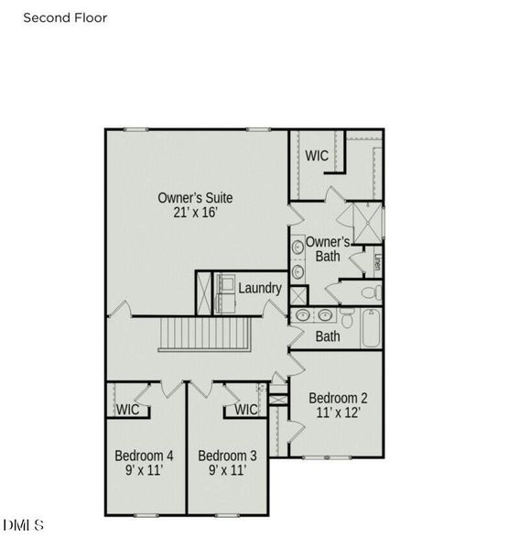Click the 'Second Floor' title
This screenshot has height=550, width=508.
point(65,17)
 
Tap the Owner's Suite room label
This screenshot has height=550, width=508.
point(195,197)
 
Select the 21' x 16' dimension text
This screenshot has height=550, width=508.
point(195,213)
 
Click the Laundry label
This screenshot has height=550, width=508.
point(260,288)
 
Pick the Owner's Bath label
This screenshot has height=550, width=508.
point(327,248)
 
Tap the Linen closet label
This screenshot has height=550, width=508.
point(376,262)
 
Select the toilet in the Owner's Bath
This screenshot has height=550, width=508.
point(371,293)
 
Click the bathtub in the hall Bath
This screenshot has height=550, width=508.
point(371,327)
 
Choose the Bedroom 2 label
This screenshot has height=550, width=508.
point(338,398)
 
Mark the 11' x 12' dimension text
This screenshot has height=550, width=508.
point(338,413)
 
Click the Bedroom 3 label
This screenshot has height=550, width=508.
point(227,456)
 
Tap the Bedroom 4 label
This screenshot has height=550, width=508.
point(144,456)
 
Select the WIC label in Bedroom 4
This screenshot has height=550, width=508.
point(128,410)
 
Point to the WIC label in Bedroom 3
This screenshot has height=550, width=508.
point(246,410)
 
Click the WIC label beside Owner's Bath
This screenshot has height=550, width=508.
point(317,156)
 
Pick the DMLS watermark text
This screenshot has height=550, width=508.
point(24,525)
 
